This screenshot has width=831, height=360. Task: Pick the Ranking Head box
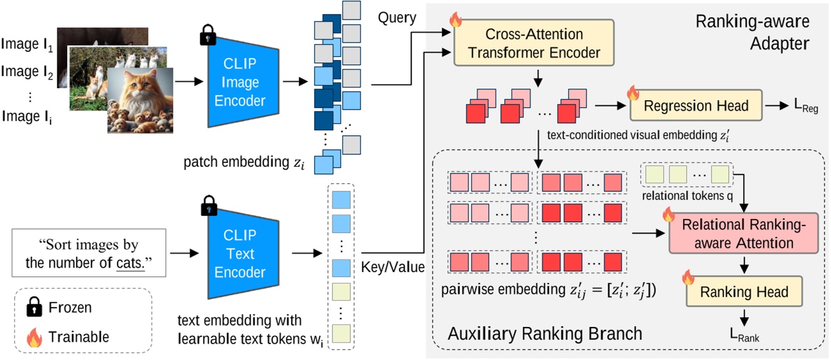[744, 292]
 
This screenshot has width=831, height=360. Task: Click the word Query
[396, 18]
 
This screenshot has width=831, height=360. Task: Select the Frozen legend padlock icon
[33, 308]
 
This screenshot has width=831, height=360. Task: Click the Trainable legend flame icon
[33, 336]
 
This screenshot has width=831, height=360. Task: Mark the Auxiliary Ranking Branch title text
[544, 334]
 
